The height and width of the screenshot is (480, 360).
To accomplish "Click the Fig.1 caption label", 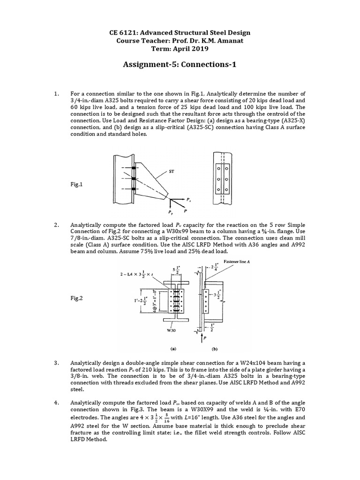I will (x=75, y=185).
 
